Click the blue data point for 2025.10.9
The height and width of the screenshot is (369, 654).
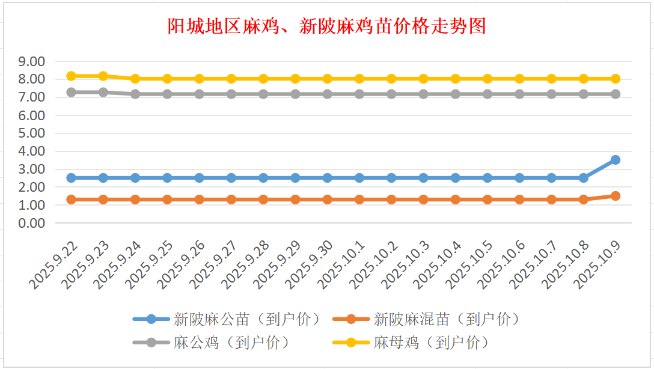coord(616,160)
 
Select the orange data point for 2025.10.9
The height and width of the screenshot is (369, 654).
coord(616,196)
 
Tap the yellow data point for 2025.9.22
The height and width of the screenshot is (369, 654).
coord(71,76)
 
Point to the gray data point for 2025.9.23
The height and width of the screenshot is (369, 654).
coord(103,93)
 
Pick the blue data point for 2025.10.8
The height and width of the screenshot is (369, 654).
coord(583,178)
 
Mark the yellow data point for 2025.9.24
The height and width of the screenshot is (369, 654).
coord(135,79)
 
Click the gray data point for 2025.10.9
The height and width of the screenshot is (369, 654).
coord(616,94)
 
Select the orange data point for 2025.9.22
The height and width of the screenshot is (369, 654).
coord(71,200)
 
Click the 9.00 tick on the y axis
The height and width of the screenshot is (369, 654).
coord(32,61)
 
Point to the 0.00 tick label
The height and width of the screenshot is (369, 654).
coord(32,223)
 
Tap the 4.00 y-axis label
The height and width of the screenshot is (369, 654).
coord(32,151)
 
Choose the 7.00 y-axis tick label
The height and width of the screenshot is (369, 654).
coord(32,97)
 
